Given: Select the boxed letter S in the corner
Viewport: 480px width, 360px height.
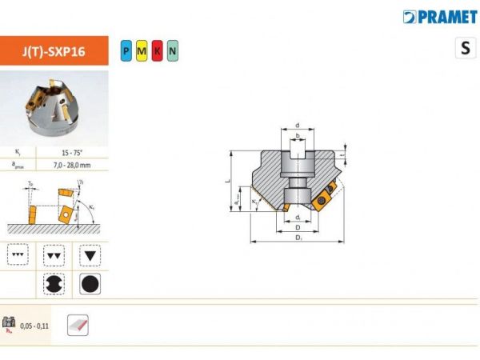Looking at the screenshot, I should (465, 48).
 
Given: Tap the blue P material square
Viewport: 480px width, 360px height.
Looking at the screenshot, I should (126, 52).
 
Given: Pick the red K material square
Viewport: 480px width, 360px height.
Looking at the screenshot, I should (156, 52).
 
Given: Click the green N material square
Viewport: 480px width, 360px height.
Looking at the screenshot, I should (172, 52).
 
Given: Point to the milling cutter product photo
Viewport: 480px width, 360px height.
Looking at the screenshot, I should (54, 107).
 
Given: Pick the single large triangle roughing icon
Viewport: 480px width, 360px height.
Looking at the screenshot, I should (90, 254).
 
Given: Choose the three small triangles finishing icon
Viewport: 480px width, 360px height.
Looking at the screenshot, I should (18, 254).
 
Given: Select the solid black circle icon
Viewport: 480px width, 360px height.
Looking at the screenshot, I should (90, 284).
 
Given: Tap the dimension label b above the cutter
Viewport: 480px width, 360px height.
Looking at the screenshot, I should (298, 137).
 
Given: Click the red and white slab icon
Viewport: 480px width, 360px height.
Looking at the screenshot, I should (78, 325).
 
